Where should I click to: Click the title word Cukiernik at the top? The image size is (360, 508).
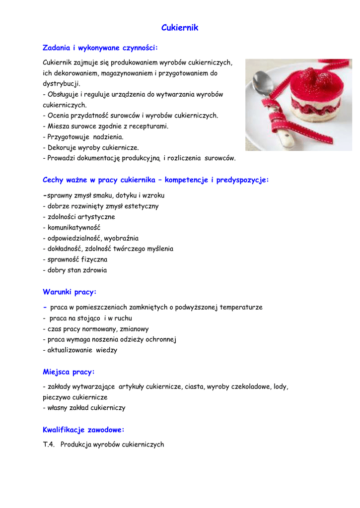(180, 28)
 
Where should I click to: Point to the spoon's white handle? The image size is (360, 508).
(288, 138)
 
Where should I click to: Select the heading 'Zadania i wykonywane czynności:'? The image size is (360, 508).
(100, 48)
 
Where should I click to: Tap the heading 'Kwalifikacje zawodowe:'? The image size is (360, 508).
(83, 430)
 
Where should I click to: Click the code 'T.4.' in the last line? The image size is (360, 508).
(49, 444)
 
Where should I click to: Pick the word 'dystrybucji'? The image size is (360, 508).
(62, 84)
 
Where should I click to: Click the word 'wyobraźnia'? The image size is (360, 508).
(121, 238)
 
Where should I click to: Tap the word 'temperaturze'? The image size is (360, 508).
(241, 308)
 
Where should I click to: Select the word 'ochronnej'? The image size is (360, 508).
(161, 340)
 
